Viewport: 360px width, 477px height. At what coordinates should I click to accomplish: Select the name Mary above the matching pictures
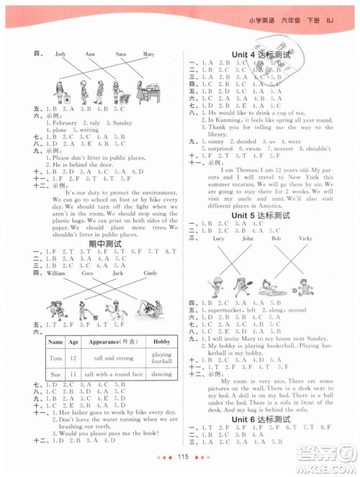pyautogui.click(x=149, y=54)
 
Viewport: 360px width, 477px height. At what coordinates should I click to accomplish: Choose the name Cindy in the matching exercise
pyautogui.click(x=150, y=274)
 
